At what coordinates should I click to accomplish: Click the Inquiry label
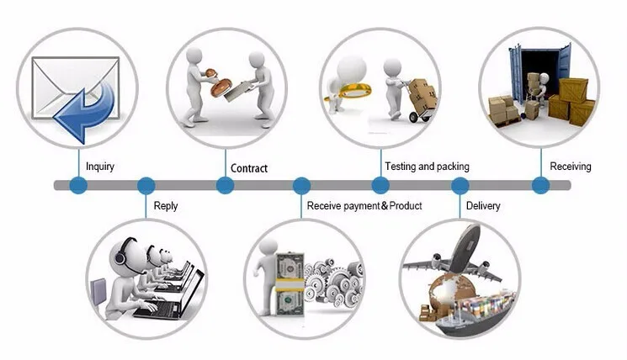[x=100, y=167]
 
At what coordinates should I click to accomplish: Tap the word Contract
[x=249, y=168]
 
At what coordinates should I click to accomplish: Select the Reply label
[x=166, y=206]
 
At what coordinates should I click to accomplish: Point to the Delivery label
[x=483, y=206]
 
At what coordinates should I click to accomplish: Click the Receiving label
[x=571, y=167]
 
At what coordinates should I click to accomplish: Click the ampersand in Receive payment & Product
[x=385, y=206]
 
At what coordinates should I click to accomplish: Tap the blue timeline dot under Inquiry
[x=78, y=185]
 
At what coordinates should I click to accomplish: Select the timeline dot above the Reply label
[x=146, y=186]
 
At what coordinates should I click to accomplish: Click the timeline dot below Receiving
[x=540, y=185]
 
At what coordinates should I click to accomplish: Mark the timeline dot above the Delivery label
[x=460, y=186]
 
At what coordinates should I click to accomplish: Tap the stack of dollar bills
[x=290, y=283]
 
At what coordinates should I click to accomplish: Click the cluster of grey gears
[x=334, y=283]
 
